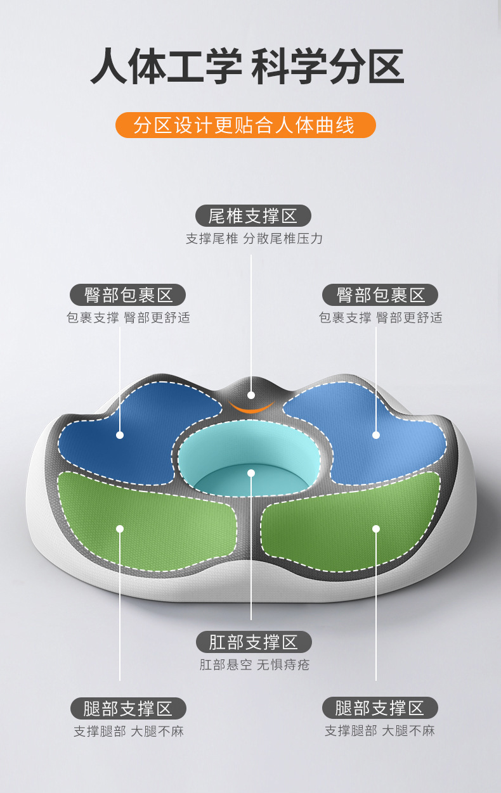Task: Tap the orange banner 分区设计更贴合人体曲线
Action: [x=245, y=125]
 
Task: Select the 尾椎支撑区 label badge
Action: [x=253, y=216]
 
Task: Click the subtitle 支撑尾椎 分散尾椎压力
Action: [x=254, y=239]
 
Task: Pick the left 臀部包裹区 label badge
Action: [x=127, y=295]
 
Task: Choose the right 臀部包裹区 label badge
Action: [x=380, y=295]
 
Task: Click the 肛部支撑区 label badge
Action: [x=253, y=642]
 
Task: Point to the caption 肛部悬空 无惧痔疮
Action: [x=254, y=665]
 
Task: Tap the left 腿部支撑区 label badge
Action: [x=127, y=708]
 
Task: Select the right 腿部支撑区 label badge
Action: [x=380, y=708]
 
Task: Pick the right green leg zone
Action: [x=342, y=519]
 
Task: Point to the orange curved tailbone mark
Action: [x=251, y=406]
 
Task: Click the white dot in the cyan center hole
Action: [x=251, y=473]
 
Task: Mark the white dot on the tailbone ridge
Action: [x=251, y=395]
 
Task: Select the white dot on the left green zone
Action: [x=120, y=528]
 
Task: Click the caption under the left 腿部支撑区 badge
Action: [x=128, y=731]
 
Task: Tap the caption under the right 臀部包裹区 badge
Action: [x=381, y=318]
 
